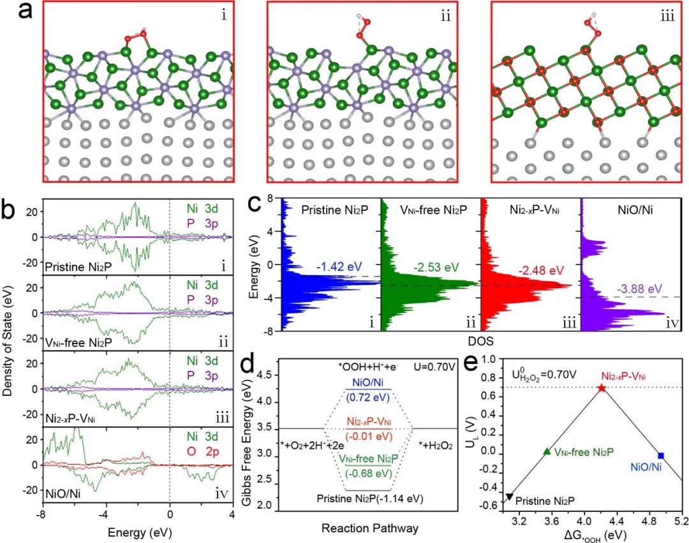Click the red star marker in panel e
tap(601, 388)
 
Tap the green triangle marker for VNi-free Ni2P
tap(546, 451)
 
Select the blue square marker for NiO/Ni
tap(661, 455)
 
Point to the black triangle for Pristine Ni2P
tap(509, 496)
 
